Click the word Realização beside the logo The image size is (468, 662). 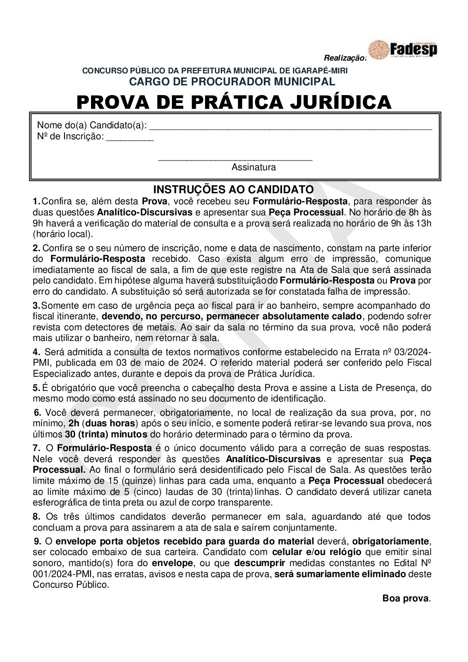tap(345, 58)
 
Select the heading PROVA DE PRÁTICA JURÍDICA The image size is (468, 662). tap(234, 102)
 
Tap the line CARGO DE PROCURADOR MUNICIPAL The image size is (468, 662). tap(232, 81)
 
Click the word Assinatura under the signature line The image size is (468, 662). tap(254, 168)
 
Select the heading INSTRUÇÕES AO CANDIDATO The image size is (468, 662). tap(233, 189)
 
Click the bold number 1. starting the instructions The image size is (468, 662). tap(37, 201)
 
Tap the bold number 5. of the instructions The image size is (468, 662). tap(37, 388)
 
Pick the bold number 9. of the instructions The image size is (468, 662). tap(38, 541)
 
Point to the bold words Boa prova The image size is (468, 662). tap(406, 599)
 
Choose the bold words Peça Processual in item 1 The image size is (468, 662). tap(306, 212)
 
